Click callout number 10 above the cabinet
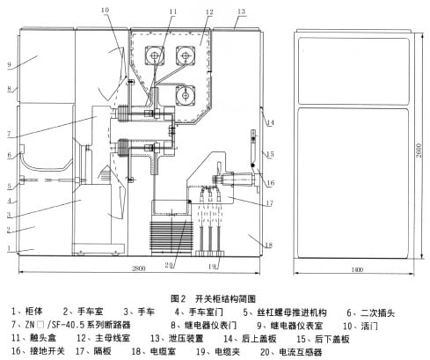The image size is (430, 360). [x=105, y=10]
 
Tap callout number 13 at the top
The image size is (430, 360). [x=241, y=11]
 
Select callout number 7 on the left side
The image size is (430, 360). [x=9, y=134]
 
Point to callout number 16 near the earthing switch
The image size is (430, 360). [x=271, y=183]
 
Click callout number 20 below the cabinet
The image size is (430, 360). [x=169, y=265]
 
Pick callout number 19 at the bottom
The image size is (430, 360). [x=212, y=267]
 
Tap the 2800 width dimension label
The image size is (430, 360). [x=138, y=268]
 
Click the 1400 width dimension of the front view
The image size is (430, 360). [x=357, y=269]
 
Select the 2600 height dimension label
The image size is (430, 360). [x=419, y=151]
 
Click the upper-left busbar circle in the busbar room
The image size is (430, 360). [x=155, y=55]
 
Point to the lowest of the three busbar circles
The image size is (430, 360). [x=186, y=95]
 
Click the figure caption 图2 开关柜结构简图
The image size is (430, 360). [x=213, y=298]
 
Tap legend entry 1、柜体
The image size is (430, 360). [x=27, y=312]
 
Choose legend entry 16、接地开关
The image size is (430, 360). [x=38, y=351]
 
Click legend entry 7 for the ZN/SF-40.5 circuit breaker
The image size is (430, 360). [x=70, y=325]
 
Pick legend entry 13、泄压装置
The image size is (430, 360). [x=177, y=338]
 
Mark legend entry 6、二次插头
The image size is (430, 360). [x=371, y=312]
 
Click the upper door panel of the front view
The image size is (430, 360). [x=353, y=71]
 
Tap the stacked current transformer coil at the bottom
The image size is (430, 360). [x=171, y=237]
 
